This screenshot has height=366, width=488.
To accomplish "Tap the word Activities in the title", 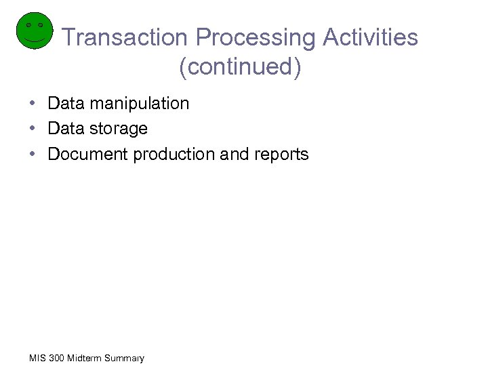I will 371,37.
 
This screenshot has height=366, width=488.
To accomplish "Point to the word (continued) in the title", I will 240,67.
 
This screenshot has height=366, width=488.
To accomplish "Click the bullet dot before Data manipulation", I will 33,104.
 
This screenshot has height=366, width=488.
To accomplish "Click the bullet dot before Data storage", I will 33,129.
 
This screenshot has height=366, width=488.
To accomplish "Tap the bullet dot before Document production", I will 33,155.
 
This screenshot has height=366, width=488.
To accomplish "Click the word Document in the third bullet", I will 88,155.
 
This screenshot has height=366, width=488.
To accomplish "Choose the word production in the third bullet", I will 174,155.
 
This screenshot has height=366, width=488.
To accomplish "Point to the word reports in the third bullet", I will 281,155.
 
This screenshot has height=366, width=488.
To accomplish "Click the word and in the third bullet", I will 235,155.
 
